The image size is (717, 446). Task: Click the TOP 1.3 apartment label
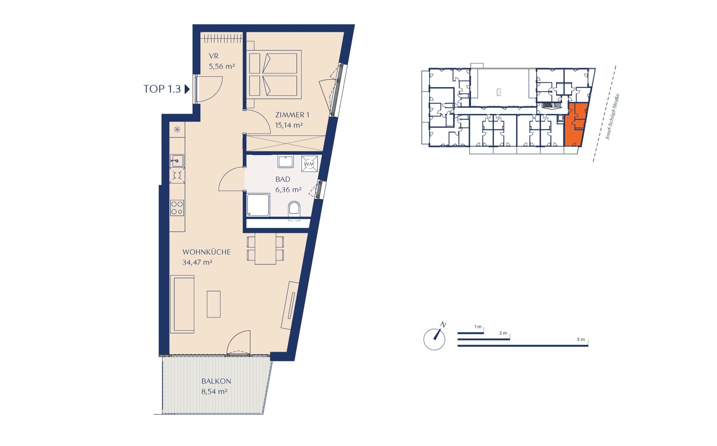click(x=162, y=89)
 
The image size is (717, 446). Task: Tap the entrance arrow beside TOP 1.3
click(x=187, y=89)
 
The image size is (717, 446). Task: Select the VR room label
click(x=214, y=56)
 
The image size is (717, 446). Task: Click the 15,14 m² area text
click(x=289, y=125)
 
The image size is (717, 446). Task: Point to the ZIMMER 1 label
click(x=292, y=115)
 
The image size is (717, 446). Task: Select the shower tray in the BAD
click(x=258, y=205)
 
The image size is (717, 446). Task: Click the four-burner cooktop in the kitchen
click(x=177, y=208)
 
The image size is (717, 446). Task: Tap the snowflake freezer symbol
click(x=177, y=130)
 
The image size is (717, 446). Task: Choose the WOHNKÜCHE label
click(x=206, y=252)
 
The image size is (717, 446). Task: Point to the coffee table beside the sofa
click(x=214, y=304)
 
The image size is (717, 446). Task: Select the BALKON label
click(x=216, y=381)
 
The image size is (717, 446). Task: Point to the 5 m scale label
click(x=581, y=339)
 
